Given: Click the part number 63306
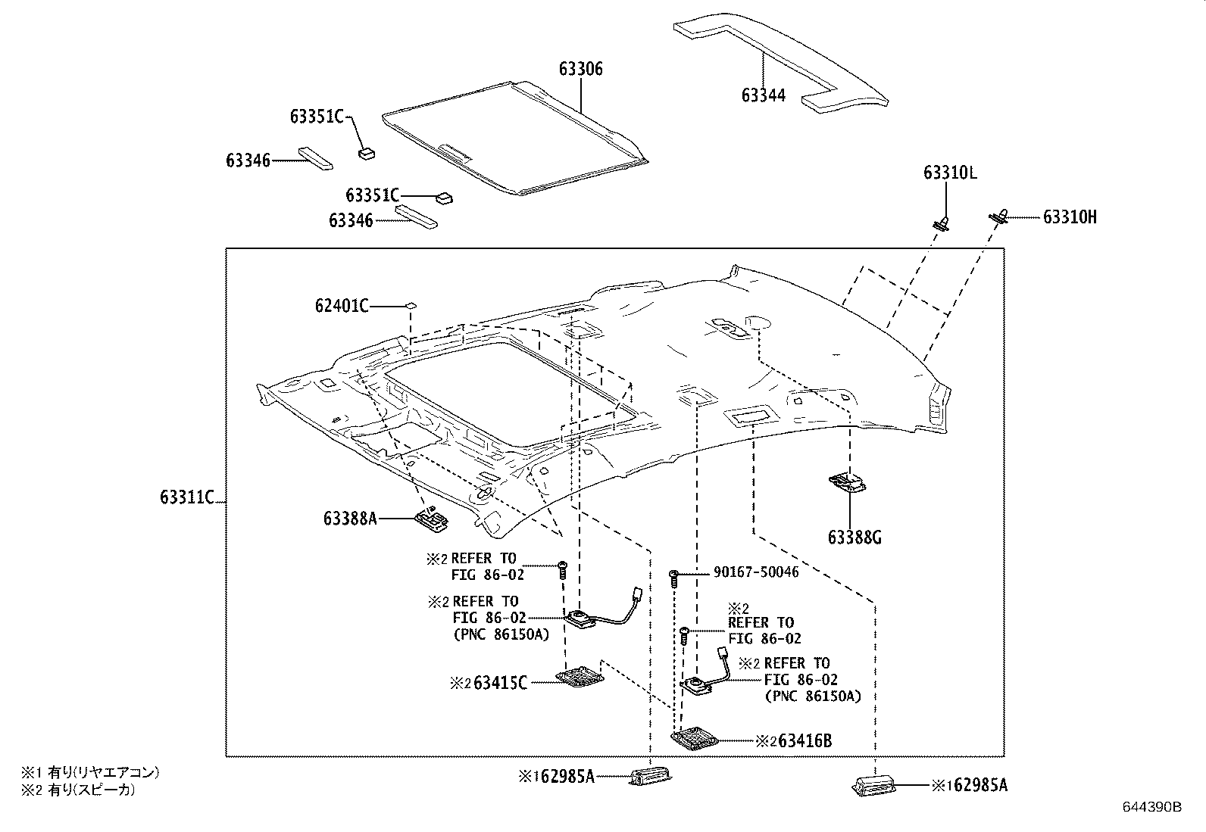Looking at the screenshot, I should coord(581,69).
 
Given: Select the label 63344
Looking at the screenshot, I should coord(763,95).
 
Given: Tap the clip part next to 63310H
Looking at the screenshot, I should coord(1000,217).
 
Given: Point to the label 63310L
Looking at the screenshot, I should coord(949,173).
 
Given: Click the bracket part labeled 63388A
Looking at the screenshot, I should coord(431,519).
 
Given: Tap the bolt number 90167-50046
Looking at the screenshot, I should coord(755,572).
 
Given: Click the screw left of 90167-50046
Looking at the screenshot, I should coord(673,578).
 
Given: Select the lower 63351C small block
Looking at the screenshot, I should coord(443,198).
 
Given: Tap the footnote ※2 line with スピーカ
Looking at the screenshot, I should coord(80,790).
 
